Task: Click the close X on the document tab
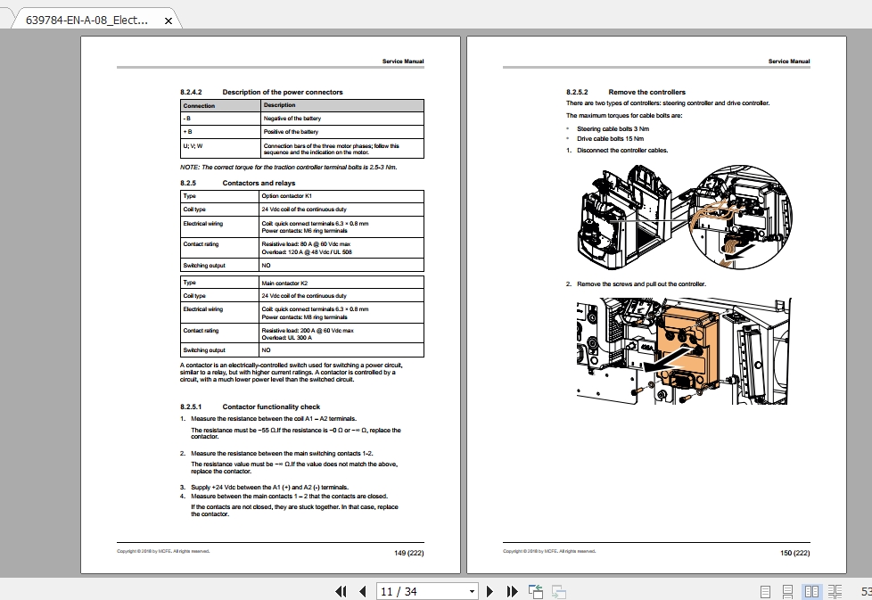[x=168, y=21]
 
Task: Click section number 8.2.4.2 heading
[x=192, y=92]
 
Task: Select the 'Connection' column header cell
[x=199, y=105]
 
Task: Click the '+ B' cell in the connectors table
[x=188, y=131]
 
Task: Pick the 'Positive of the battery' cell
[x=292, y=131]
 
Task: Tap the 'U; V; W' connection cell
[x=193, y=145]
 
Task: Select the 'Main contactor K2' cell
[x=284, y=283]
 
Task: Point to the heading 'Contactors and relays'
[x=259, y=183]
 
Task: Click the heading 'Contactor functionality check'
[x=271, y=407]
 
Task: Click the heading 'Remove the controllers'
[x=646, y=92]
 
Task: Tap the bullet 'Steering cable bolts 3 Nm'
[x=613, y=129]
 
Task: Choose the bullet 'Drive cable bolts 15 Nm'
[x=610, y=139]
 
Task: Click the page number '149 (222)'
[x=409, y=553]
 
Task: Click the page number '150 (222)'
[x=795, y=553]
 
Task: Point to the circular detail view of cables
[x=740, y=218]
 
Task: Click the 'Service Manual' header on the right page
[x=789, y=62]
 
